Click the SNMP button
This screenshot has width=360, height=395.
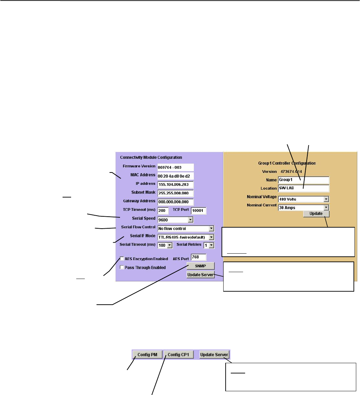click(x=201, y=266)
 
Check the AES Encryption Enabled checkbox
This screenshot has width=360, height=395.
click(x=122, y=259)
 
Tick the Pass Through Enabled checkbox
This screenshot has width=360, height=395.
click(x=122, y=267)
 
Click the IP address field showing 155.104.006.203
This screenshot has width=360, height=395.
click(x=175, y=184)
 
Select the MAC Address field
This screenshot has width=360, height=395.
click(x=175, y=176)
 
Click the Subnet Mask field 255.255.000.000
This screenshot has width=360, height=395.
click(x=175, y=193)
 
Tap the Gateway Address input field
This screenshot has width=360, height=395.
click(x=175, y=202)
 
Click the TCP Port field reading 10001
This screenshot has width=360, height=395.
click(x=198, y=211)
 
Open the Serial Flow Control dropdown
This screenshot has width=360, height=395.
click(x=185, y=228)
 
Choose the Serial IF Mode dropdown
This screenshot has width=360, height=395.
click(x=185, y=237)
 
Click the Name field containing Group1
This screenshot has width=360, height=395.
click(x=303, y=180)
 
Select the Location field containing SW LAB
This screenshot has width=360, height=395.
click(x=303, y=188)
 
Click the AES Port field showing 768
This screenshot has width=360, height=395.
click(x=199, y=257)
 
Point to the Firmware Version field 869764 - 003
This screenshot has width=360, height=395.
click(x=175, y=167)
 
